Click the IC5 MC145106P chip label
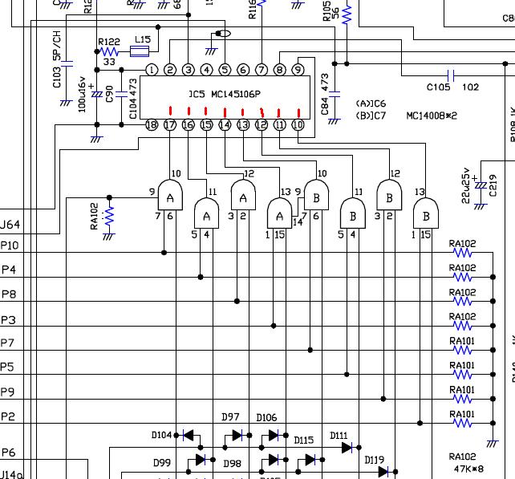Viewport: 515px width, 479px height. click(x=225, y=95)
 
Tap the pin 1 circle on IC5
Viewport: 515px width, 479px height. click(x=152, y=71)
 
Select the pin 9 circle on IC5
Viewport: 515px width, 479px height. click(x=298, y=71)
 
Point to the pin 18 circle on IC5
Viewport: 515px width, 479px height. click(x=152, y=124)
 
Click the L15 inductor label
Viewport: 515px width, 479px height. click(x=142, y=39)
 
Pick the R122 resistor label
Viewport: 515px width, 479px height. click(x=108, y=42)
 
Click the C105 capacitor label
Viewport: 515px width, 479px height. click(x=438, y=87)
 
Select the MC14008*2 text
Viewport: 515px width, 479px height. click(x=431, y=116)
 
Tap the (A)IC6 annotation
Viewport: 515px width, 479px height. click(x=370, y=104)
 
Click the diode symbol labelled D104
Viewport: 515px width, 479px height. click(x=189, y=436)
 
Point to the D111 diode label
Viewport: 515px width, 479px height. click(x=339, y=436)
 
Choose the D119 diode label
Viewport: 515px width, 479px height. click(x=374, y=461)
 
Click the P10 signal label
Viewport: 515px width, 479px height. click(x=10, y=246)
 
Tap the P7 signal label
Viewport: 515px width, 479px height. click(x=7, y=343)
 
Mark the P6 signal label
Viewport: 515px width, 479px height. click(x=8, y=453)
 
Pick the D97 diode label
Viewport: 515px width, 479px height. click(x=231, y=417)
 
